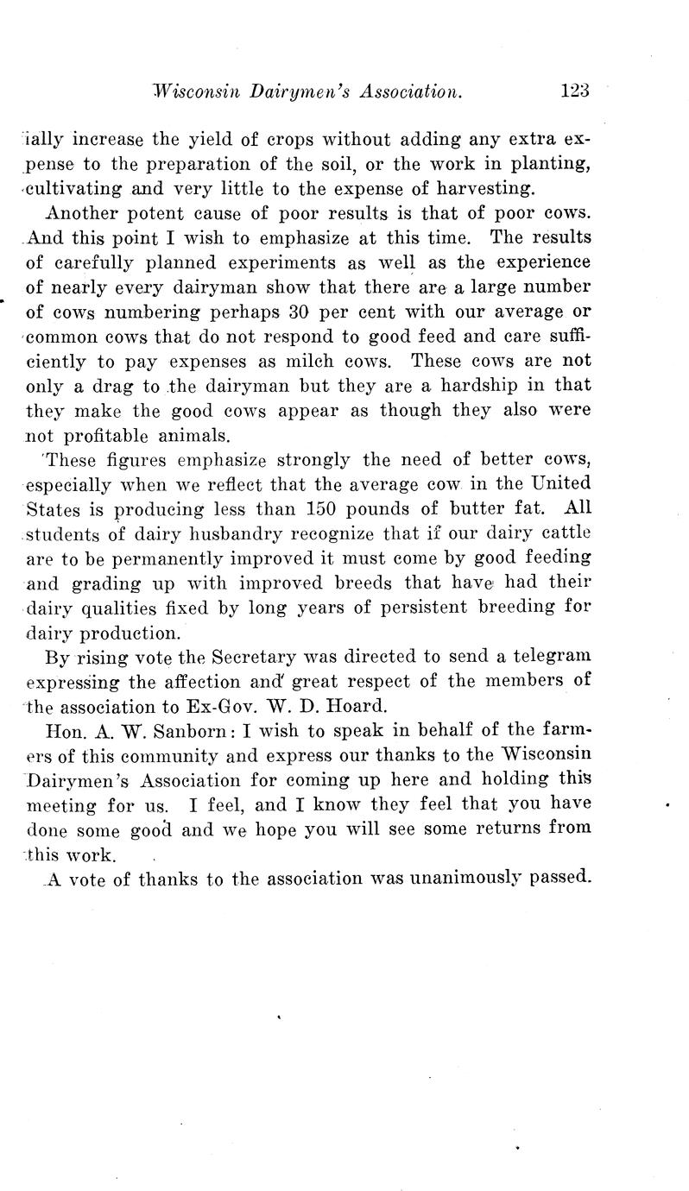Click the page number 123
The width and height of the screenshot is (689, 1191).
point(573,90)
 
